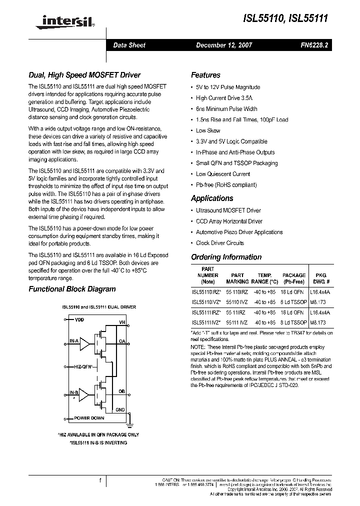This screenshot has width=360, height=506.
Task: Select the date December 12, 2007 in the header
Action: tap(224, 45)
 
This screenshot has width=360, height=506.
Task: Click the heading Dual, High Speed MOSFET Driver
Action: tap(84, 75)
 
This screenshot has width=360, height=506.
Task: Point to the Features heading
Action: tap(205, 75)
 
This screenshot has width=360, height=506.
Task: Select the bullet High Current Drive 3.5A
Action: tap(224, 98)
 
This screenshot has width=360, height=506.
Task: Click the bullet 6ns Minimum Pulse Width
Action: tap(226, 109)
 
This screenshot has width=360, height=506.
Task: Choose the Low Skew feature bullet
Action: tap(208, 130)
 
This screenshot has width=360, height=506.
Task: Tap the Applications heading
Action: tap(212, 198)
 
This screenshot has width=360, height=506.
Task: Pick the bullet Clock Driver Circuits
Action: tap(220, 243)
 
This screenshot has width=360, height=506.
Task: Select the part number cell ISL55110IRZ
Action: tap(205, 291)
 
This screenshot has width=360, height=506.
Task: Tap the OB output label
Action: tap(121, 391)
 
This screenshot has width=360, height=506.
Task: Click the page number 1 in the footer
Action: tap(100, 481)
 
